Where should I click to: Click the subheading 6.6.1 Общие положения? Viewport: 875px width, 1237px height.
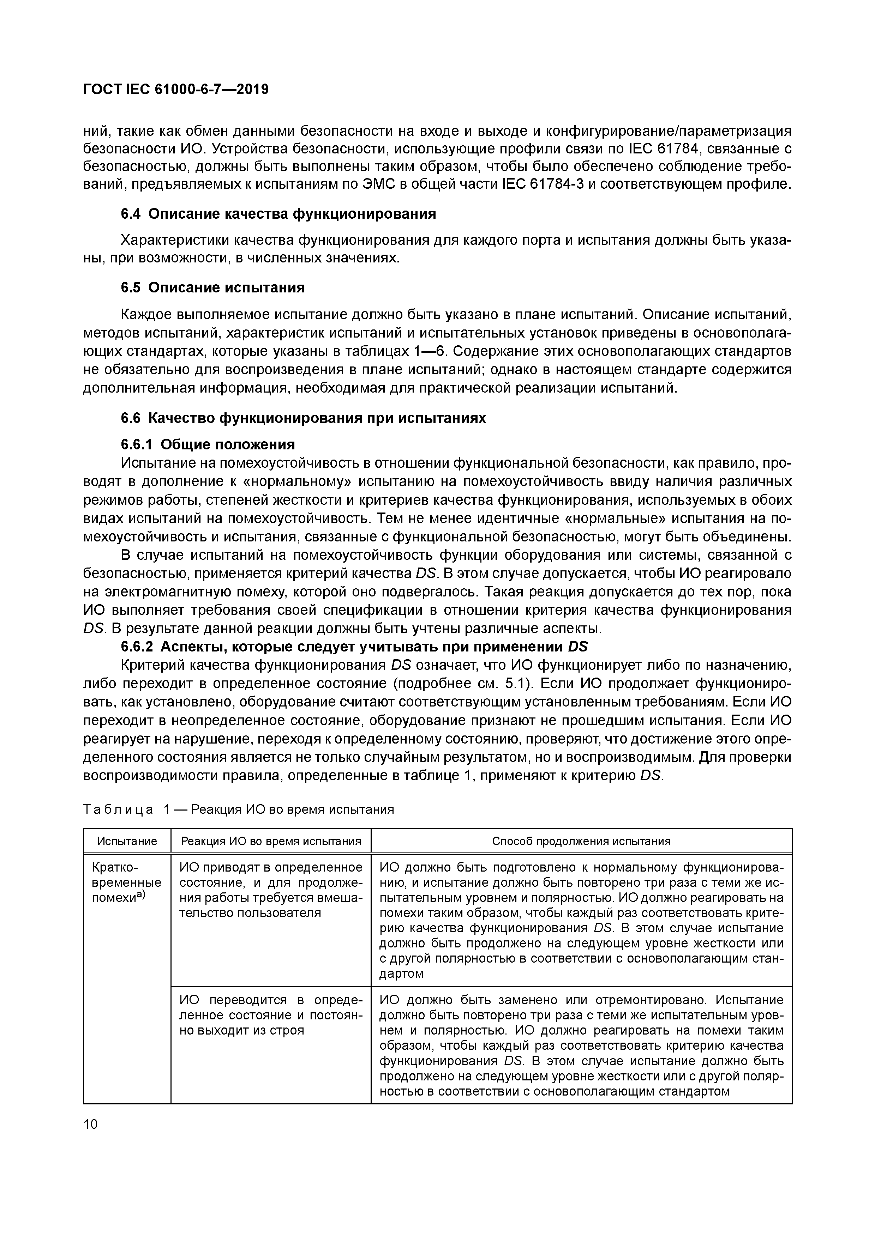(x=208, y=444)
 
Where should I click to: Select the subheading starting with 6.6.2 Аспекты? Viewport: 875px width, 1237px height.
(x=354, y=647)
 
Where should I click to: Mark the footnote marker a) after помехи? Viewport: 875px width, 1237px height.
(x=141, y=895)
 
